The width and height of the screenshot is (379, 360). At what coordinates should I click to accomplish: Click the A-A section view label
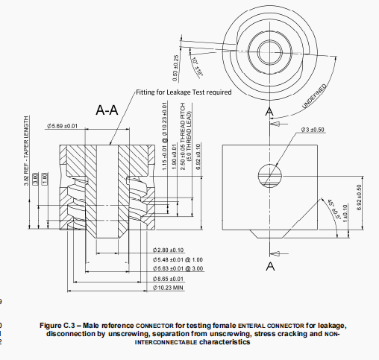pos(107,111)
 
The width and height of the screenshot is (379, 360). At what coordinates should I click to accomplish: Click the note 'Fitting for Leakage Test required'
pos(184,93)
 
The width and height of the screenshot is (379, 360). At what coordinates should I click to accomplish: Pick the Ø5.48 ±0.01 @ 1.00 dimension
pos(178,259)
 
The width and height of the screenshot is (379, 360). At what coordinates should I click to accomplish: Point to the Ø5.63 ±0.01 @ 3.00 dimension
pos(178,268)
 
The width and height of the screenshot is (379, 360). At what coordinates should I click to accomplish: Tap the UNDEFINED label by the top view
pos(318,96)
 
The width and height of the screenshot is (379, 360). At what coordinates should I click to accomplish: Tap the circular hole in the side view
pos(270,174)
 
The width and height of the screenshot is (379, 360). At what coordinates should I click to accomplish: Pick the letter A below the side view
pos(269,265)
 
